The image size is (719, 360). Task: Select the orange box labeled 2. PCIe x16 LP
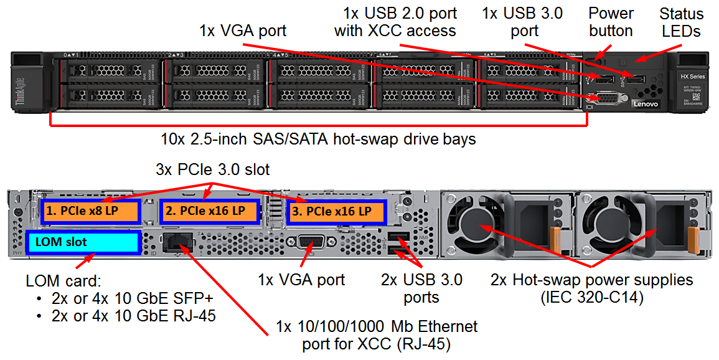click(x=209, y=212)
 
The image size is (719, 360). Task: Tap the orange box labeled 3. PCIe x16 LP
click(x=336, y=212)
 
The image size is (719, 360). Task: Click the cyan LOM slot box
click(x=83, y=242)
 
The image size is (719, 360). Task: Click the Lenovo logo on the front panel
click(x=645, y=104)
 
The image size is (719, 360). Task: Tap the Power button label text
click(x=611, y=22)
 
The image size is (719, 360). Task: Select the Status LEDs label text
click(x=682, y=22)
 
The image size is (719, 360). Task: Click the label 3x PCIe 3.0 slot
click(x=212, y=169)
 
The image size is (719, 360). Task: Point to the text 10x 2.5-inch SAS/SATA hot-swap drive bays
click(x=318, y=139)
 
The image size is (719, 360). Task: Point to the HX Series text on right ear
click(x=691, y=76)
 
